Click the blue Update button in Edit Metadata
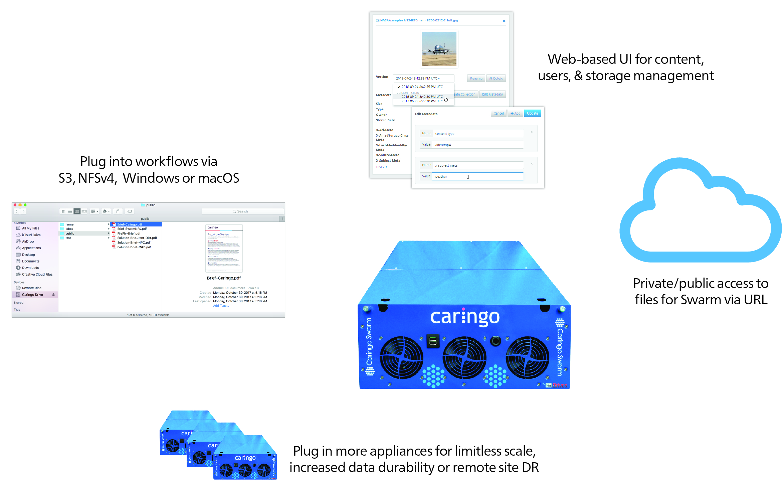[x=532, y=114]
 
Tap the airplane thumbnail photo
[x=439, y=49]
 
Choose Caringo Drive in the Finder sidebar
[x=32, y=295]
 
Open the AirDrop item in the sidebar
[x=28, y=241]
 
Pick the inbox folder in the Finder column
[x=69, y=229]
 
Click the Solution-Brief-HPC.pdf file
[x=134, y=243]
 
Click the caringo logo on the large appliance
[x=465, y=317]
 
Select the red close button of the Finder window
[x=15, y=205]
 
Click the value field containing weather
[x=477, y=176]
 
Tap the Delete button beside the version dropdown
[x=496, y=78]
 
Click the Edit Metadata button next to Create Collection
[x=492, y=95]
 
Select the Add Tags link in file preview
[x=221, y=306]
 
